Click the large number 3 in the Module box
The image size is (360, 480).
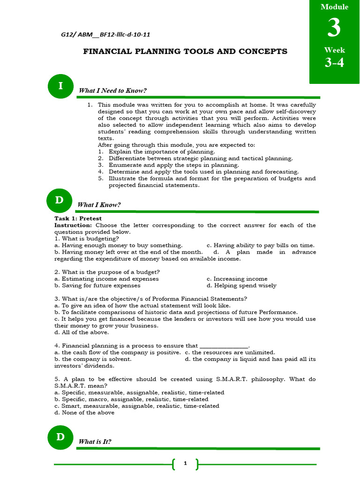point(334,28)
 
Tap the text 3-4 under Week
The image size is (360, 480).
point(334,62)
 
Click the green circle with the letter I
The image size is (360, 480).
point(60,86)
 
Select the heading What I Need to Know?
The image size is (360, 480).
point(112,90)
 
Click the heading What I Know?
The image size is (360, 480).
point(99,205)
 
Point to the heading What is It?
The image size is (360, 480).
point(95,442)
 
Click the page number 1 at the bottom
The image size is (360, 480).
point(185,464)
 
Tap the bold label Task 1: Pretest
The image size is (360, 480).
point(78,218)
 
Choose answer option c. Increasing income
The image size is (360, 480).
point(237,279)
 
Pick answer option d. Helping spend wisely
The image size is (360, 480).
point(241,285)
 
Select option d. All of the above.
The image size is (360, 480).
point(82,332)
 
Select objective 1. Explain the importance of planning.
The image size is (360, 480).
point(157,152)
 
